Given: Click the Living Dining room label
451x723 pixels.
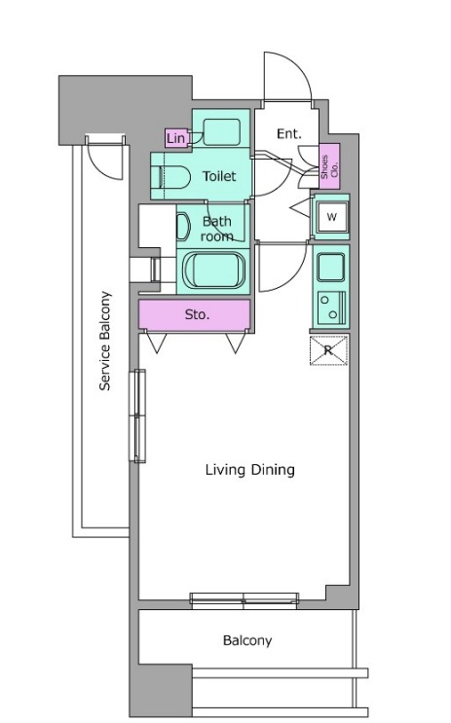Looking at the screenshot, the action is pyautogui.click(x=249, y=470).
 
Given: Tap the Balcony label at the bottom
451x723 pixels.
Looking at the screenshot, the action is pyautogui.click(x=247, y=640).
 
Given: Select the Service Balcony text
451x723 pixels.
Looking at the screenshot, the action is pyautogui.click(x=105, y=341).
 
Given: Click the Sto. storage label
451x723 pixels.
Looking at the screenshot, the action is pyautogui.click(x=197, y=315).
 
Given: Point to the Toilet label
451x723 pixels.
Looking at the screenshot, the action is pyautogui.click(x=219, y=176).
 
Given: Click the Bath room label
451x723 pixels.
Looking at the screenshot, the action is pyautogui.click(x=217, y=229).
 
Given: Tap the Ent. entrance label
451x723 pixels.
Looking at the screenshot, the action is pyautogui.click(x=289, y=134).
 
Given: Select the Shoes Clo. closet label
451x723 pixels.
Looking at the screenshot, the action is pyautogui.click(x=329, y=166).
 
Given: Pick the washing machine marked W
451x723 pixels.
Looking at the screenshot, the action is pyautogui.click(x=331, y=216).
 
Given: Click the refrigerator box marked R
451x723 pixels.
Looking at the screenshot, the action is pyautogui.click(x=328, y=350).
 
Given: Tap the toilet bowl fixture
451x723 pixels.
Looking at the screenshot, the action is pyautogui.click(x=175, y=177).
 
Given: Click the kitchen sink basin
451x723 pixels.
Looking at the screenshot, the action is pyautogui.click(x=331, y=268).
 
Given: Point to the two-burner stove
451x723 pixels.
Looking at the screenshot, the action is pyautogui.click(x=331, y=307).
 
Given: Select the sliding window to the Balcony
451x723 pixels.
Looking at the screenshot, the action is pyautogui.click(x=244, y=598).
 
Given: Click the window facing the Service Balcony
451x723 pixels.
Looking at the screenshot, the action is pyautogui.click(x=137, y=416).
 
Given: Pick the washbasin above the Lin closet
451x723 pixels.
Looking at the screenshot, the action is pyautogui.click(x=221, y=132).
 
